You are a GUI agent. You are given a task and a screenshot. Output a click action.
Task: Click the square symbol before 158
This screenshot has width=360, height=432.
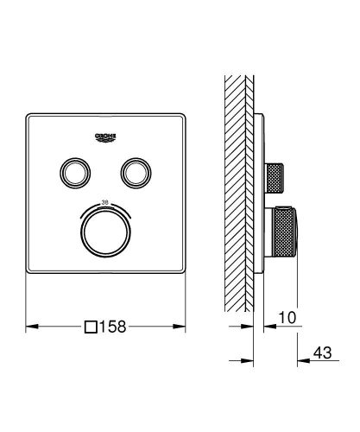(91, 328)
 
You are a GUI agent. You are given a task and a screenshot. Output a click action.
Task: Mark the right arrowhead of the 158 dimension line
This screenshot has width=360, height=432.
(183, 328)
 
